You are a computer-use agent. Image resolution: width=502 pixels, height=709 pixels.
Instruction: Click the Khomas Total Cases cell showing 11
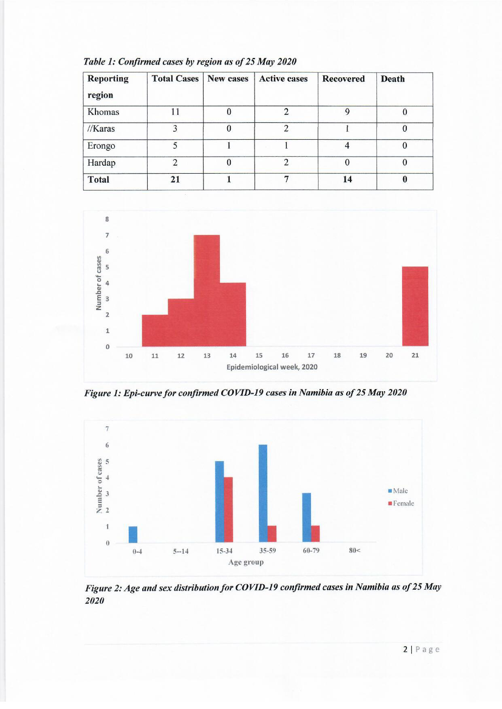point(175,112)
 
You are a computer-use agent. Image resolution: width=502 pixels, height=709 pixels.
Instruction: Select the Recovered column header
point(343,79)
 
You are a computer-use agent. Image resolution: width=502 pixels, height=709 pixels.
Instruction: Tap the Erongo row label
point(101,146)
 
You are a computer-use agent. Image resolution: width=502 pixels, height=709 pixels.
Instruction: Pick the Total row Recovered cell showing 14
point(347,179)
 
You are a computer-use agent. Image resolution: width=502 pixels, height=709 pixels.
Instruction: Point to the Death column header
point(392,79)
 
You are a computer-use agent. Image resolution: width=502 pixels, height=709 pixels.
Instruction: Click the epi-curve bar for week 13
point(207,290)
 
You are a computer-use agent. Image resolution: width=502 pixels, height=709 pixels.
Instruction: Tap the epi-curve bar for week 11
point(155,330)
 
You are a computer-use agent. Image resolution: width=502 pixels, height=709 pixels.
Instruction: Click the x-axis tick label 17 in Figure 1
point(311,355)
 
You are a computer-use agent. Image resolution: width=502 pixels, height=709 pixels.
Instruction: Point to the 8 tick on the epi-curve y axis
point(107,220)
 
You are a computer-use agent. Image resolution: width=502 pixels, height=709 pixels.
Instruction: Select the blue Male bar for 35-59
point(263,493)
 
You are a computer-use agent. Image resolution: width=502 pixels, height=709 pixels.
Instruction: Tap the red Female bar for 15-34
point(228,510)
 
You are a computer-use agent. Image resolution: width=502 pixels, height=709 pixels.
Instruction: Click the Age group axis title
point(246,562)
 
